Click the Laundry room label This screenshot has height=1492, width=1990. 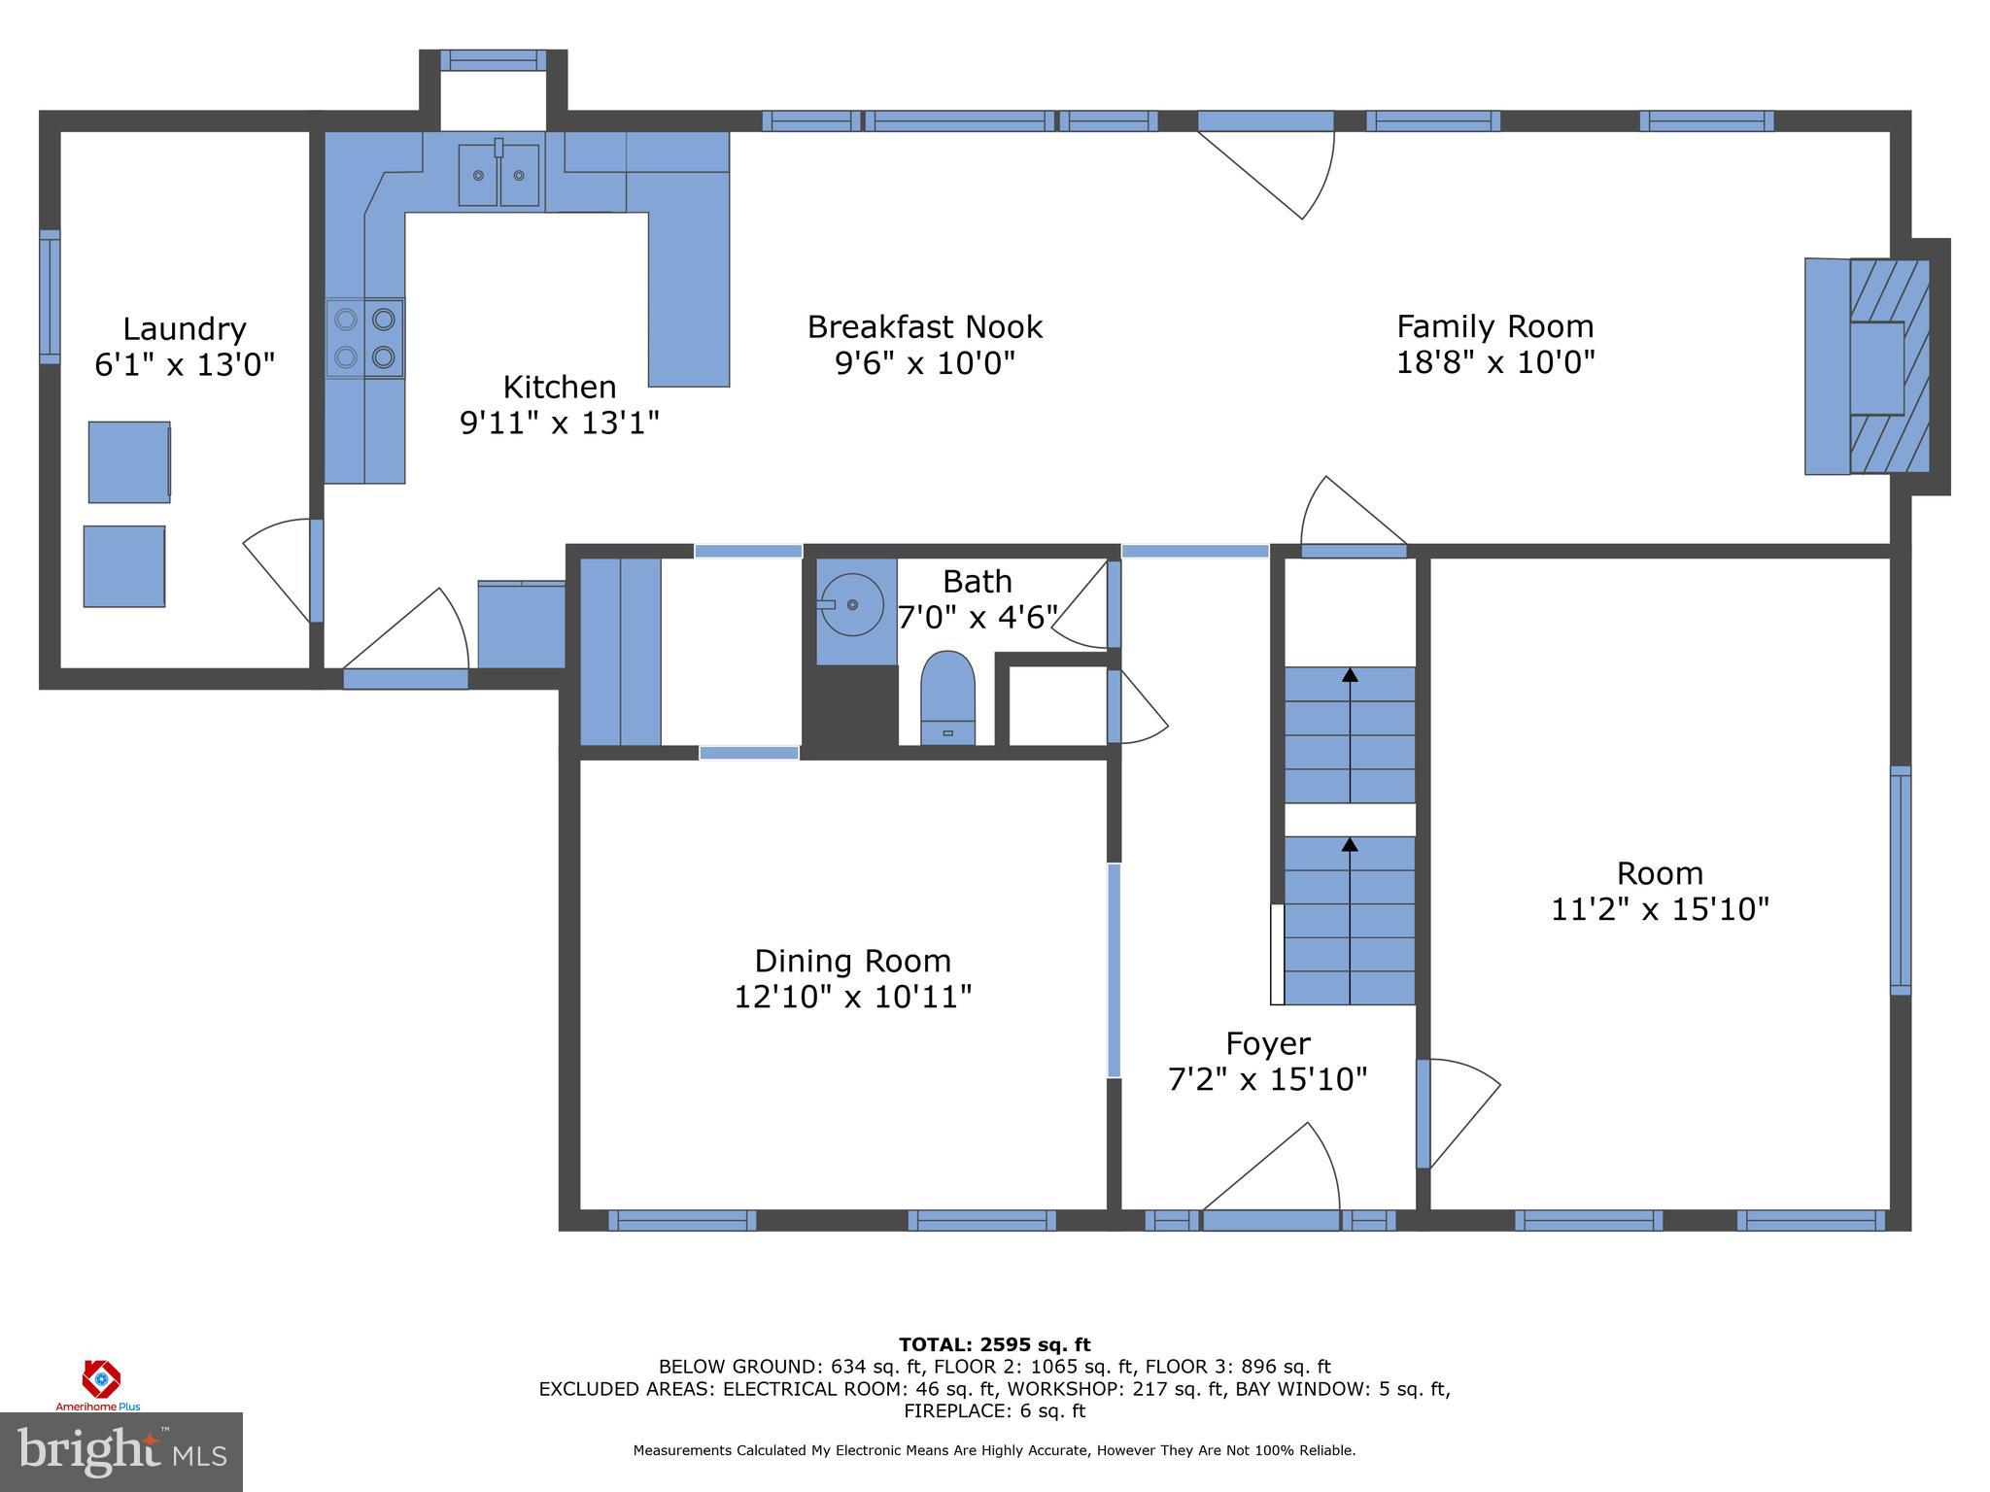tap(185, 329)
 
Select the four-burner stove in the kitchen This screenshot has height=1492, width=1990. tap(364, 338)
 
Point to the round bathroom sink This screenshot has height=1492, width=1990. tap(851, 604)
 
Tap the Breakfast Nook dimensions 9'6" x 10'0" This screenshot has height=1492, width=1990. tap(924, 363)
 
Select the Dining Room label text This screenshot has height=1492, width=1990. tap(852, 961)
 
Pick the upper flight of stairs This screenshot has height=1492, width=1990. tap(1350, 734)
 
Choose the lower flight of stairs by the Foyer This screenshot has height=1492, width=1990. tap(1350, 920)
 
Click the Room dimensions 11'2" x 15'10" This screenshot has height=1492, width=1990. tap(1659, 909)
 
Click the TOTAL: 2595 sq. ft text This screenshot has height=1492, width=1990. tap(994, 1344)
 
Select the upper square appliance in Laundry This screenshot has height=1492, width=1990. tap(129, 462)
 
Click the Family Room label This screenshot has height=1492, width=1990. tap(1494, 326)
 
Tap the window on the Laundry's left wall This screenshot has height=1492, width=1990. tap(50, 297)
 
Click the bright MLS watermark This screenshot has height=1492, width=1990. tap(121, 1451)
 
